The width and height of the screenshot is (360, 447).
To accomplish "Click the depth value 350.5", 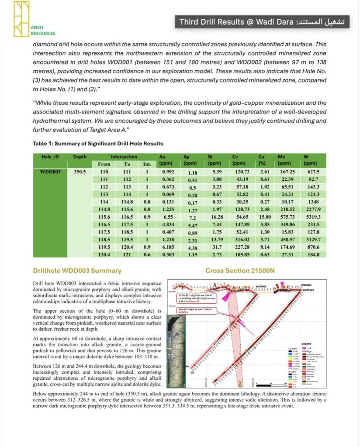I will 80,172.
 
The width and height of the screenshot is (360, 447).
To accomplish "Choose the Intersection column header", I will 124,156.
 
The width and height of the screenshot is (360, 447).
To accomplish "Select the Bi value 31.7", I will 214,247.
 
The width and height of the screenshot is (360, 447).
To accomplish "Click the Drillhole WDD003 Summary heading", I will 77,271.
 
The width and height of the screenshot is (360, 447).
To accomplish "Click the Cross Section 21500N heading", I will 240,271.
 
